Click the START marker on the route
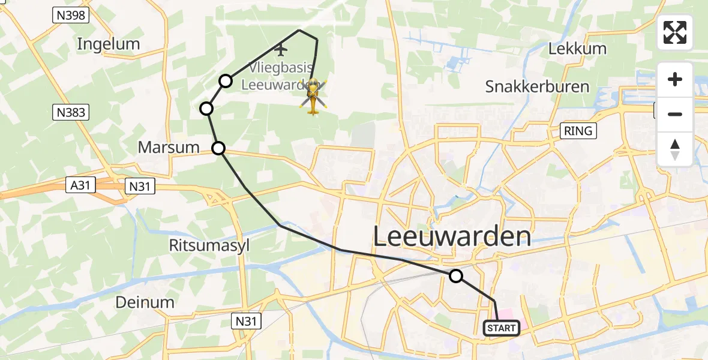(501, 328)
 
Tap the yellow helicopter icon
(314, 95)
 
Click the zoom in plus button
(675, 80)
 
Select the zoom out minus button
(675, 115)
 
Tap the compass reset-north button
(675, 149)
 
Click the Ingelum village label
(109, 44)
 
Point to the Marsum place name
(169, 147)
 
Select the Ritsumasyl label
(209, 245)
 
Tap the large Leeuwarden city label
(452, 236)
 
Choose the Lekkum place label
(578, 49)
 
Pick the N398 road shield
(70, 16)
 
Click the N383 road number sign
(71, 112)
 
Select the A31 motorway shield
(80, 186)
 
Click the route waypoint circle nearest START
(456, 276)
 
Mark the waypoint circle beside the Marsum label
(218, 148)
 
